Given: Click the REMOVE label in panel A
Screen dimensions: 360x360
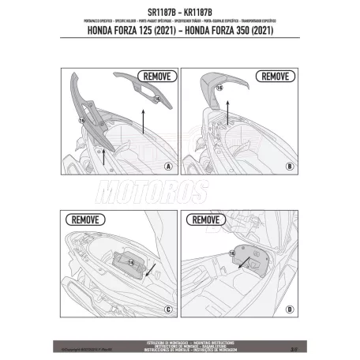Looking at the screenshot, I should (156, 77).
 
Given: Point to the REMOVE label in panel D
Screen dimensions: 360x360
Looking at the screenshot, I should (207, 219).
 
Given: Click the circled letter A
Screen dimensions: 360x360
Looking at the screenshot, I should (168, 167).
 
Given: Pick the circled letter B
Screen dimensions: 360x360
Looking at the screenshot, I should (290, 167).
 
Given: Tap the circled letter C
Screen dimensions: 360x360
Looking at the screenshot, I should (168, 309).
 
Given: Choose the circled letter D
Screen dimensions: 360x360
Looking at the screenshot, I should (290, 309).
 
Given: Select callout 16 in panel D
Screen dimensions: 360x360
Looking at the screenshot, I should (231, 254).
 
